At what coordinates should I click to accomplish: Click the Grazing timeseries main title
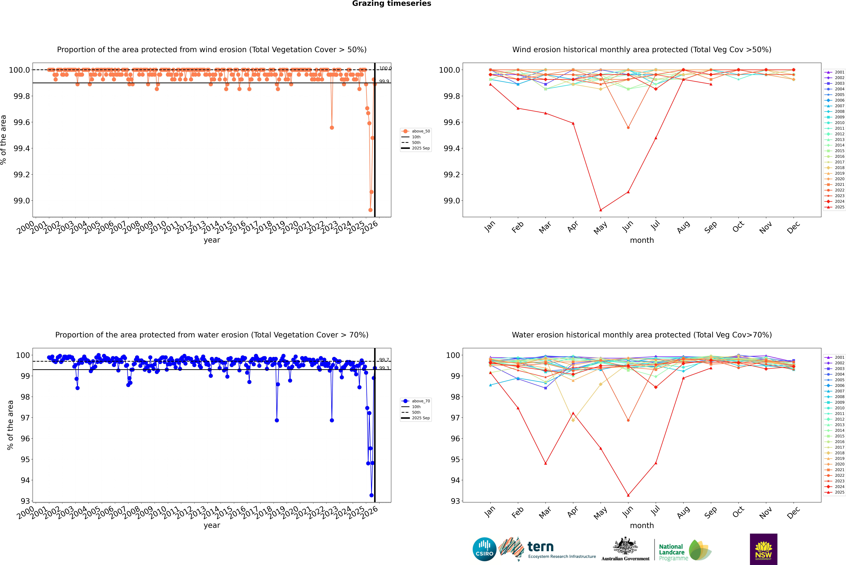tap(392, 4)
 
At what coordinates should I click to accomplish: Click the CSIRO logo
tap(484, 549)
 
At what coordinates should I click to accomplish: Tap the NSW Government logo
tap(763, 549)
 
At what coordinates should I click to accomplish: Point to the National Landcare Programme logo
tap(684, 550)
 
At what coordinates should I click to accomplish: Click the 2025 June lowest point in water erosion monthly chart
tap(628, 495)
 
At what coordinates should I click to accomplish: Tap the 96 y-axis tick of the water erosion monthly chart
tap(454, 439)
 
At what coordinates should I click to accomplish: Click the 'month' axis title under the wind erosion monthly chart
tap(642, 240)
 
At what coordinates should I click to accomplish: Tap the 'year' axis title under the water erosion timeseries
tap(212, 525)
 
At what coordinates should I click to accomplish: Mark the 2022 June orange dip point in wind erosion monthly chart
tap(628, 128)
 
